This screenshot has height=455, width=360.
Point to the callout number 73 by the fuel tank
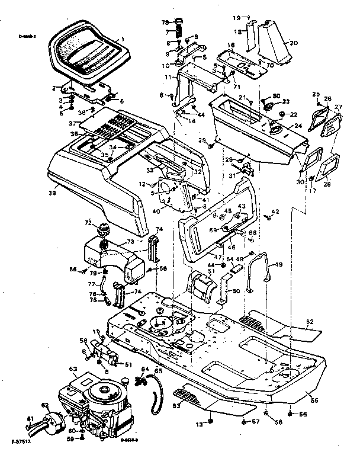[x=131, y=242]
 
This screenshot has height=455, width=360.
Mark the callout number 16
[x=232, y=45]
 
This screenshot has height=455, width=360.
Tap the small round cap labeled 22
[x=282, y=114]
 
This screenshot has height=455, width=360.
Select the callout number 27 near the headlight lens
[x=339, y=108]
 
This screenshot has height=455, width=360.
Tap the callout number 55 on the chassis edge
[x=314, y=401]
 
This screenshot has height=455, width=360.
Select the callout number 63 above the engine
[x=73, y=369]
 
